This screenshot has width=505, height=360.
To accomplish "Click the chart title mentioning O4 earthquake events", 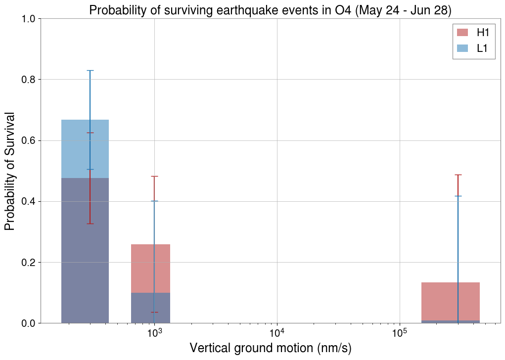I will (x=270, y=10).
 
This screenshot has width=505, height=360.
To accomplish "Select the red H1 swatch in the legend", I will (x=462, y=33).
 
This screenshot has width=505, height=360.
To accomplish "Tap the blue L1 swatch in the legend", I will (x=462, y=48).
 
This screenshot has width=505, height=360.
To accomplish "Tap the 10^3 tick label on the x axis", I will (x=154, y=335).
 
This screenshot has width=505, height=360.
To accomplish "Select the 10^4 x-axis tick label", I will (x=277, y=335).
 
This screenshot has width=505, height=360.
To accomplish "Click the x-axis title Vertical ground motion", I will (x=270, y=348).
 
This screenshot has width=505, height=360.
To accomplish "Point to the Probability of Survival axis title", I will (x=10, y=171).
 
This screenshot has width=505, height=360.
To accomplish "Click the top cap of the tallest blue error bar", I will (x=90, y=71).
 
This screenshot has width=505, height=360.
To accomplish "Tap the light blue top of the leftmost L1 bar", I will (x=85, y=148).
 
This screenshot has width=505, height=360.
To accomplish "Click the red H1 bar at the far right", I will (x=450, y=301).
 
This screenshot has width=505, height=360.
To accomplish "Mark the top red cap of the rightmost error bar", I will (x=458, y=175).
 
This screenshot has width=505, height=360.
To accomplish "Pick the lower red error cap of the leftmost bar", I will (x=90, y=224).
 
